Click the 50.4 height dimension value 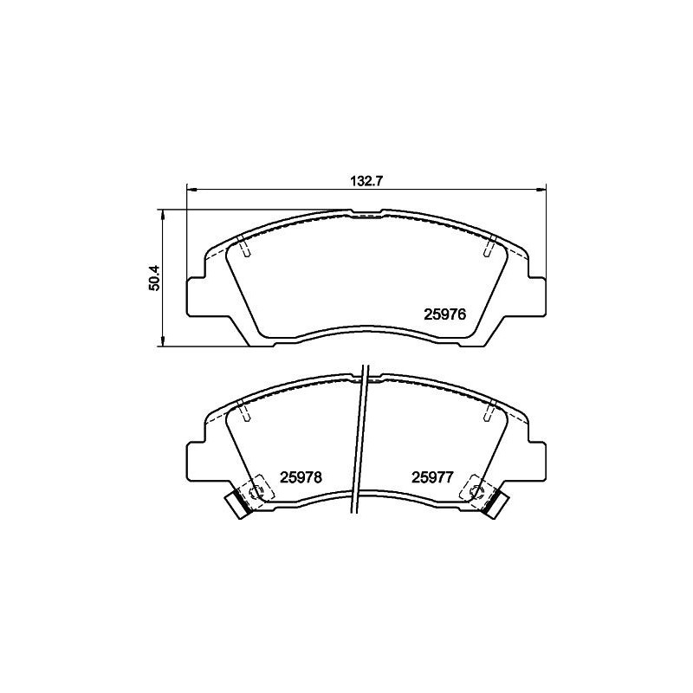click(x=154, y=277)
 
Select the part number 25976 click(x=445, y=316)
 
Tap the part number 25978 click(x=301, y=476)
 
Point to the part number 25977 click(x=433, y=476)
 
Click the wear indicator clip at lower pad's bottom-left click(x=237, y=503)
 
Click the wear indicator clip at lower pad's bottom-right click(x=495, y=503)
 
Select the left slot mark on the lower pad click(x=245, y=411)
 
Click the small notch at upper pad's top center click(x=368, y=212)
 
